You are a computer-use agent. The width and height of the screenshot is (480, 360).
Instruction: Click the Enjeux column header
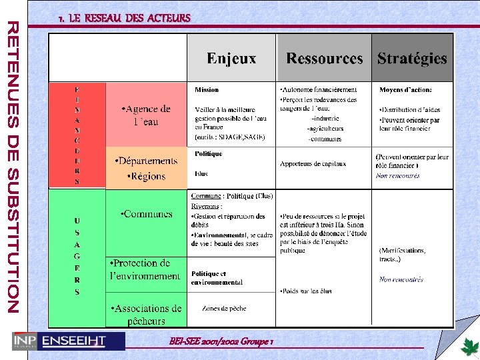pyautogui.click(x=231, y=59)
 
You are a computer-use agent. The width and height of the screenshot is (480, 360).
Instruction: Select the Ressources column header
pyautogui.click(x=325, y=59)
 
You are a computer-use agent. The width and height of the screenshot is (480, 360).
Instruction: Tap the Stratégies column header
pyautogui.click(x=412, y=59)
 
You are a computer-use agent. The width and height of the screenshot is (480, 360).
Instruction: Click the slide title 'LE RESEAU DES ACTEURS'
pyautogui.click(x=124, y=18)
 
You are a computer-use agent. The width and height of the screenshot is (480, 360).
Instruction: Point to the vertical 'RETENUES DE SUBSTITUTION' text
pyautogui.click(x=13, y=166)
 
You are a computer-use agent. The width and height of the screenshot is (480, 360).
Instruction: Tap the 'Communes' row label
pyautogui.click(x=147, y=215)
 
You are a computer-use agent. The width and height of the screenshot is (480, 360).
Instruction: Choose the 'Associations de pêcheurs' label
pyautogui.click(x=147, y=315)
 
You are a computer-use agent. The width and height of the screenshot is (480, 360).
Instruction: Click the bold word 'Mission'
pyautogui.click(x=207, y=89)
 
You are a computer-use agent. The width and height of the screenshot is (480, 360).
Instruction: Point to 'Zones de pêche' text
pyautogui.click(x=225, y=309)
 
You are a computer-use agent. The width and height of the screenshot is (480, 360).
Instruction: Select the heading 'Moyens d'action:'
pyautogui.click(x=405, y=89)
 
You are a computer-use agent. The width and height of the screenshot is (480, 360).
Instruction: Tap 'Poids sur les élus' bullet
pyautogui.click(x=305, y=291)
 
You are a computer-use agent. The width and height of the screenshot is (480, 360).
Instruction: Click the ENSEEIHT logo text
pyautogui.click(x=73, y=341)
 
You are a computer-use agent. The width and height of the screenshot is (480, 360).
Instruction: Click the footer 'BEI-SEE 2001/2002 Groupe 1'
pyautogui.click(x=222, y=341)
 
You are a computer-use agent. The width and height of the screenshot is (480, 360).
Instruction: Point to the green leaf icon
pyautogui.click(x=469, y=347)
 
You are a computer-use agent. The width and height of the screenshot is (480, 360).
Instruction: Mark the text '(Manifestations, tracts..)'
pyautogui.click(x=402, y=255)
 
